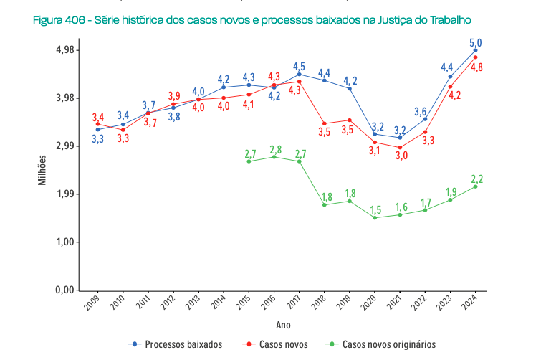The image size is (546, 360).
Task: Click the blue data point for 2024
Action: pyautogui.click(x=475, y=50)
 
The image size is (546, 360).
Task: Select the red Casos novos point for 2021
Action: pyautogui.click(x=400, y=148)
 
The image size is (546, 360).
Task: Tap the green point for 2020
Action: pyautogui.click(x=375, y=217)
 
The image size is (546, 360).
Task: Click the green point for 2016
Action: pyautogui.click(x=274, y=156)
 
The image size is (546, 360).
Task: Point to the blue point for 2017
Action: pyautogui.click(x=299, y=74)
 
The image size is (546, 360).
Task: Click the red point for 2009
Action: pyautogui.click(x=97, y=124)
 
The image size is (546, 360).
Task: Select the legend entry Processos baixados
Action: pyautogui.click(x=176, y=344)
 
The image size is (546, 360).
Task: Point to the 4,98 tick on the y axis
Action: pyautogui.click(x=66, y=50)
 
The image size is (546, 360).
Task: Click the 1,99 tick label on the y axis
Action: pyautogui.click(x=66, y=194)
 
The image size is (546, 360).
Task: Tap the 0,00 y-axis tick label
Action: pyautogui.click(x=66, y=290)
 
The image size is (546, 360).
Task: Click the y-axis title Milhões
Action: pyautogui.click(x=43, y=171)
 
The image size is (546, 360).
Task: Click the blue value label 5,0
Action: pyautogui.click(x=475, y=42)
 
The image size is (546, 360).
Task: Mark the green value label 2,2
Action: pyautogui.click(x=476, y=179)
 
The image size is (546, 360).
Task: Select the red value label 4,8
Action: pyautogui.click(x=476, y=67)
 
